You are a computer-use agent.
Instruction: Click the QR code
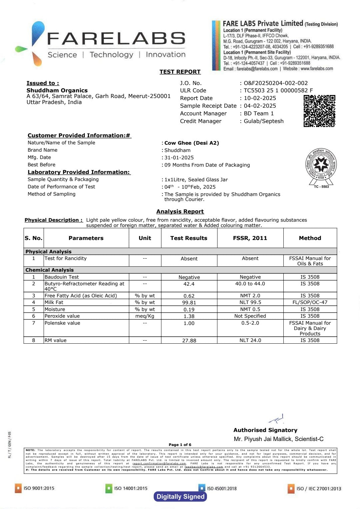pos(319,111)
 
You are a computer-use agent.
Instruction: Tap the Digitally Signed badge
pos(180,497)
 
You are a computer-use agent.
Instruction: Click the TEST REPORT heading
pos(180,72)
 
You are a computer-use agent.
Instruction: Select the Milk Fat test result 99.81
pos(189,303)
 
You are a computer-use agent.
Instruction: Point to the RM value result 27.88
pos(189,341)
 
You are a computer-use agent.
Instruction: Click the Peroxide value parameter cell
pos(62,316)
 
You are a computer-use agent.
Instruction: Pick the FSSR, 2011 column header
pos(250,238)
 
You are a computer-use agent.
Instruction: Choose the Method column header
pos(310,238)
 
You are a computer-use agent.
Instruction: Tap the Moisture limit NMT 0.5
pos(250,309)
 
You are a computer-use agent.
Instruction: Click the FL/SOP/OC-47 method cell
pos(310,302)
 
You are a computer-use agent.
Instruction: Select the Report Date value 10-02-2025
pos(260,98)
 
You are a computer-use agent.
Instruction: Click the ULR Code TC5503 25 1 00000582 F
pos(278,90)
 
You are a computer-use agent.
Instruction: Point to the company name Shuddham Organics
pos(57,90)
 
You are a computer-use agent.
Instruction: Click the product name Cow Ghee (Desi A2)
pos(192,143)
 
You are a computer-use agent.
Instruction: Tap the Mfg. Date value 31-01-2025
pos(179,158)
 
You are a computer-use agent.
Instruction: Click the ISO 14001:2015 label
pos(131,488)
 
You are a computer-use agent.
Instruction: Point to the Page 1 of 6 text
pos(180,445)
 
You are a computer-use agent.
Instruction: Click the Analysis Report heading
pos(180,211)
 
